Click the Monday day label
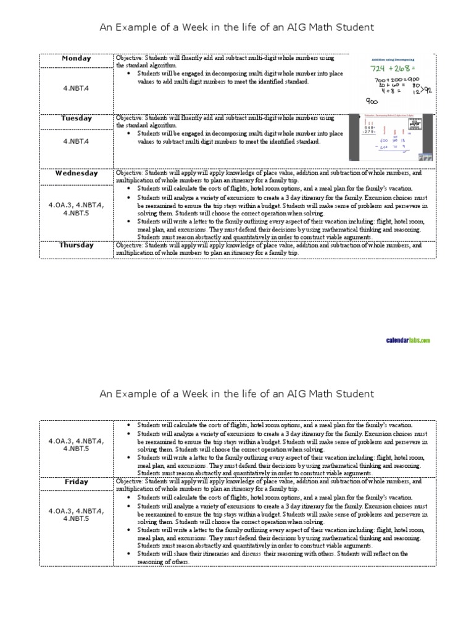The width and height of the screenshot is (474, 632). click(77, 59)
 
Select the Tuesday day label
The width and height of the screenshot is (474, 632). click(77, 118)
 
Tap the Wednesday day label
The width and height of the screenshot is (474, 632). click(77, 173)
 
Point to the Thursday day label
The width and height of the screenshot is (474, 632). click(77, 245)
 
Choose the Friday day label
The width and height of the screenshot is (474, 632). click(77, 481)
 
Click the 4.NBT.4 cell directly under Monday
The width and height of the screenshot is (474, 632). click(77, 89)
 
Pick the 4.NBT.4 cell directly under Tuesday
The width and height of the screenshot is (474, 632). click(77, 141)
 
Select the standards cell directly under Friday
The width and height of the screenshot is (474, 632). click(77, 515)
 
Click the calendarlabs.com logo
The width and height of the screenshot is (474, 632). click(408, 340)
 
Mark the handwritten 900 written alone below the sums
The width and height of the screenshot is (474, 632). click(372, 102)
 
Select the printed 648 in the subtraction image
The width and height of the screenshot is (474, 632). click(370, 128)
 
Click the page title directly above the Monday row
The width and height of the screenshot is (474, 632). click(237, 27)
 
